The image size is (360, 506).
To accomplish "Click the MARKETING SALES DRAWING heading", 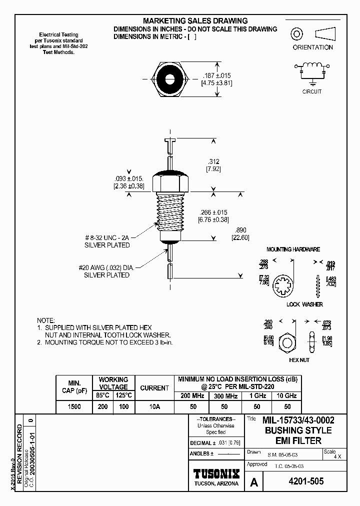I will tap(195, 20).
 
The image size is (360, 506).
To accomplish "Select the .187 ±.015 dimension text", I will tap(216, 75).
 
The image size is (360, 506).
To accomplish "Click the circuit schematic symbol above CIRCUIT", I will tap(312, 71).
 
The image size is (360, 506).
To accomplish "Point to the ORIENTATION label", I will tap(312, 47).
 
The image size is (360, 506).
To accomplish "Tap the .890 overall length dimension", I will tap(240, 230).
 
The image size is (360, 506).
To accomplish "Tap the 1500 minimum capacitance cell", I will tap(74, 407).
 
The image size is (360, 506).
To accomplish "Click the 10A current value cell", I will tap(154, 407).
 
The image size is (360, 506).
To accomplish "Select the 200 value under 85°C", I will tap(102, 407).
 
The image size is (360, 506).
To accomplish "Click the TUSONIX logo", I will tap(216, 473).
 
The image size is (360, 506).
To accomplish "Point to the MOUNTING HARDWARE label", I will tap(293, 249).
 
